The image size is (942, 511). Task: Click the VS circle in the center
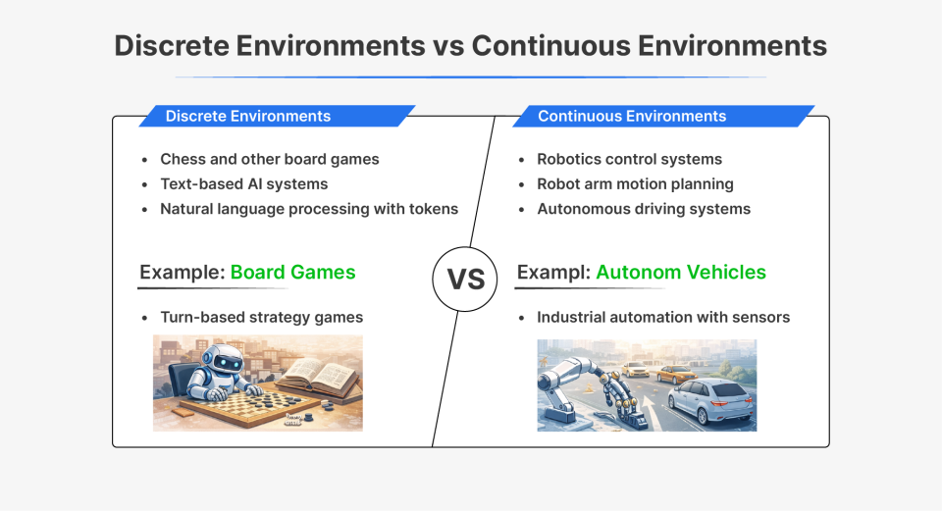pos(466,279)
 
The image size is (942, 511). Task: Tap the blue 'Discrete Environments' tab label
pos(247,116)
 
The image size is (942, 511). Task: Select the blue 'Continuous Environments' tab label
pos(632,116)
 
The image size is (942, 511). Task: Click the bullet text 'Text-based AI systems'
pos(243,183)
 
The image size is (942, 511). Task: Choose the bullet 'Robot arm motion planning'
pos(635,183)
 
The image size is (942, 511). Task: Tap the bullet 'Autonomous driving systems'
pos(644,209)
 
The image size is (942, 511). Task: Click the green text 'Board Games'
pos(292,272)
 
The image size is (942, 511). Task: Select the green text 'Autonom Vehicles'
pos(680,272)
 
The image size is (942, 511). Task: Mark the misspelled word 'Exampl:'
pos(552,272)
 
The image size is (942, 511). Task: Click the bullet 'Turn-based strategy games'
pos(261,317)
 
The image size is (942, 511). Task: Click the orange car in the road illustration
pos(676,373)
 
